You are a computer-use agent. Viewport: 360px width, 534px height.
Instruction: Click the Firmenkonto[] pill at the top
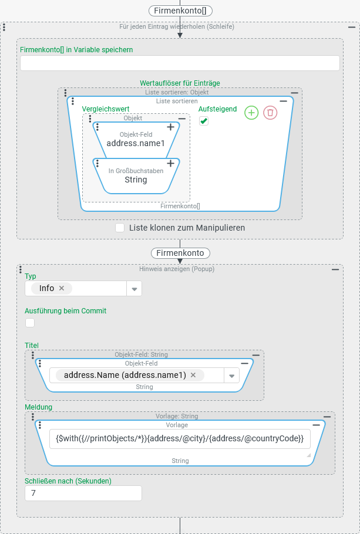pos(180,11)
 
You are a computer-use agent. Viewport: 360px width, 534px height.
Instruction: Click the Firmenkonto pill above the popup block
pos(180,253)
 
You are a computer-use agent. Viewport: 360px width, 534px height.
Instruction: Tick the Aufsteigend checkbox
pos(204,121)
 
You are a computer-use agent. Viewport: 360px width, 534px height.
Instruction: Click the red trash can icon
pos(270,113)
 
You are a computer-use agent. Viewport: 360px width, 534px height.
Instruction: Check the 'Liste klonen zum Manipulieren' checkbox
pos(120,228)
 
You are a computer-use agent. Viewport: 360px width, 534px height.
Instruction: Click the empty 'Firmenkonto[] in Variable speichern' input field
pos(180,63)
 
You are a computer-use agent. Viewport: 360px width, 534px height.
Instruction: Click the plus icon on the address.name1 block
pos(170,127)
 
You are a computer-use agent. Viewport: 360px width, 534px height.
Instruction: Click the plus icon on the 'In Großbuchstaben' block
pos(170,163)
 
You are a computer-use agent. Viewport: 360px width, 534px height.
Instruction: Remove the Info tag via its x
pos(62,288)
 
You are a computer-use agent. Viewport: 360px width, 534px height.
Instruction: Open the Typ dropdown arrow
pos(134,289)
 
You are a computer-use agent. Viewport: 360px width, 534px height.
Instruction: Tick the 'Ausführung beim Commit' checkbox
pos(30,322)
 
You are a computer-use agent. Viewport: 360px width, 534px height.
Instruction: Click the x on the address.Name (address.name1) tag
pos(193,375)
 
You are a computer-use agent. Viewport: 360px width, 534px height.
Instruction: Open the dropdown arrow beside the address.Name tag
pos(231,376)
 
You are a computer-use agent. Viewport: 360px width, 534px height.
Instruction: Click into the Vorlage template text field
pos(180,439)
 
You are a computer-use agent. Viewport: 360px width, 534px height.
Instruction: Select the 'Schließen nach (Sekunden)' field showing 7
pos(83,494)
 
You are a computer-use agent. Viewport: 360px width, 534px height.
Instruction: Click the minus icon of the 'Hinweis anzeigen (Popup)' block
pos(335,269)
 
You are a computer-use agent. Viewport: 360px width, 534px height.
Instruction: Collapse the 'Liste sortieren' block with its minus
pos(283,101)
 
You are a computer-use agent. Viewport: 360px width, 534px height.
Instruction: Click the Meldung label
pos(38,407)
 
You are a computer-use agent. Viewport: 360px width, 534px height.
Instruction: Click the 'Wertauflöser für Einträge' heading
pos(180,83)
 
